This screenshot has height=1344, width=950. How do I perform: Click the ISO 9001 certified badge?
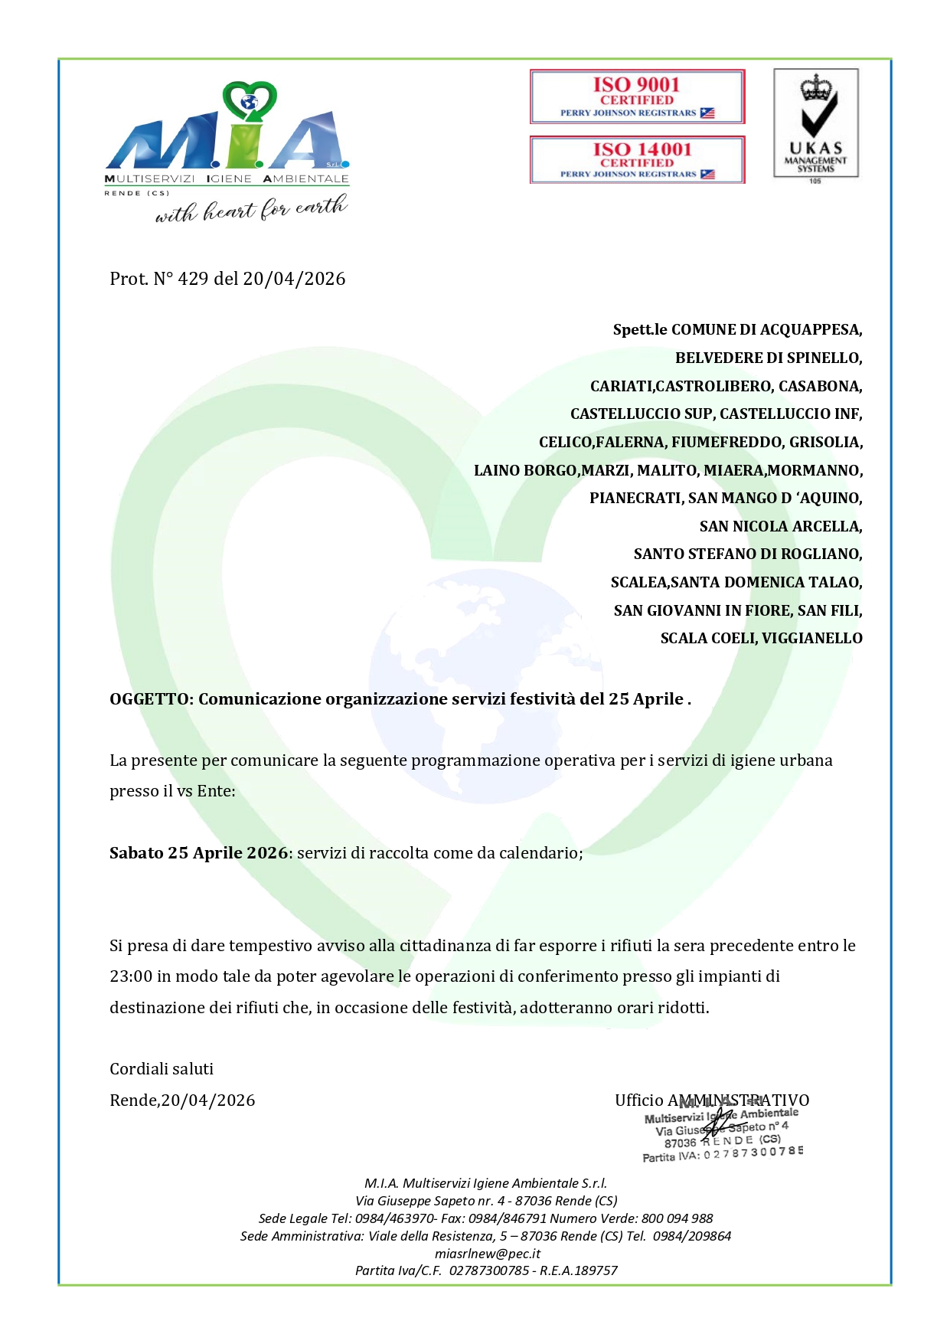point(637,96)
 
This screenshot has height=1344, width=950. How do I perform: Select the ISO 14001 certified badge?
point(637,159)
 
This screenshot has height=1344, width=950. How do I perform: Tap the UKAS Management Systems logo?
point(816,124)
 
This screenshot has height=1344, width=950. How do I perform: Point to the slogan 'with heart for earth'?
point(251,209)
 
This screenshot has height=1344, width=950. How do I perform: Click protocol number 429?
point(193,279)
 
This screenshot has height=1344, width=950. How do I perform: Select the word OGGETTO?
point(150,699)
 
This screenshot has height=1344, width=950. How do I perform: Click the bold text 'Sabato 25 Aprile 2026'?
point(198,853)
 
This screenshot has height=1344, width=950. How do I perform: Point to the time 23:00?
point(131,976)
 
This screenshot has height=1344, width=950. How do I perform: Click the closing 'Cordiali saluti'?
point(162,1069)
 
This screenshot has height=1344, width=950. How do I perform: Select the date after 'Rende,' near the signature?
point(208,1100)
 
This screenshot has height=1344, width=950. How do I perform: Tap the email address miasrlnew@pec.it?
point(488,1254)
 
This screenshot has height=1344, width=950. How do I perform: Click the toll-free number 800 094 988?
point(677,1218)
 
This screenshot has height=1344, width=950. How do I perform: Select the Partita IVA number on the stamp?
point(753,1153)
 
